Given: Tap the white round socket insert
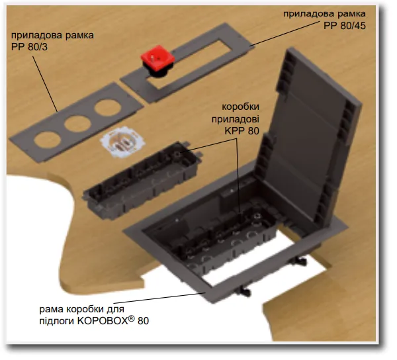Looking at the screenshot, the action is click(x=119, y=142).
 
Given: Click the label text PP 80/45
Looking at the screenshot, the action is click(x=345, y=26).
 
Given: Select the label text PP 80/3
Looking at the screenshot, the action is click(x=29, y=47).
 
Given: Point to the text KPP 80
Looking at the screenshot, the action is click(x=242, y=131).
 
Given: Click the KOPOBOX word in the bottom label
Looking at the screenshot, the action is click(x=102, y=321).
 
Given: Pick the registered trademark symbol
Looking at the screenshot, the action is click(x=131, y=318).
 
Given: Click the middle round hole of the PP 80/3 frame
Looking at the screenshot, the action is click(x=75, y=124).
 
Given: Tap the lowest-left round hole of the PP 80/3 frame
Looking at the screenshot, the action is click(x=47, y=140).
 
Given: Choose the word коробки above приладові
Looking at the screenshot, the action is click(x=241, y=107).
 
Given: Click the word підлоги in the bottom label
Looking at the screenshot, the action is click(x=57, y=321).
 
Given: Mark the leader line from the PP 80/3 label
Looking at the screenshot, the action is click(x=45, y=84).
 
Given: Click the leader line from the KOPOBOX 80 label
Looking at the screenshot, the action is click(x=160, y=298).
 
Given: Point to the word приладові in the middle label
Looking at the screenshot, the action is click(x=235, y=119).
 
